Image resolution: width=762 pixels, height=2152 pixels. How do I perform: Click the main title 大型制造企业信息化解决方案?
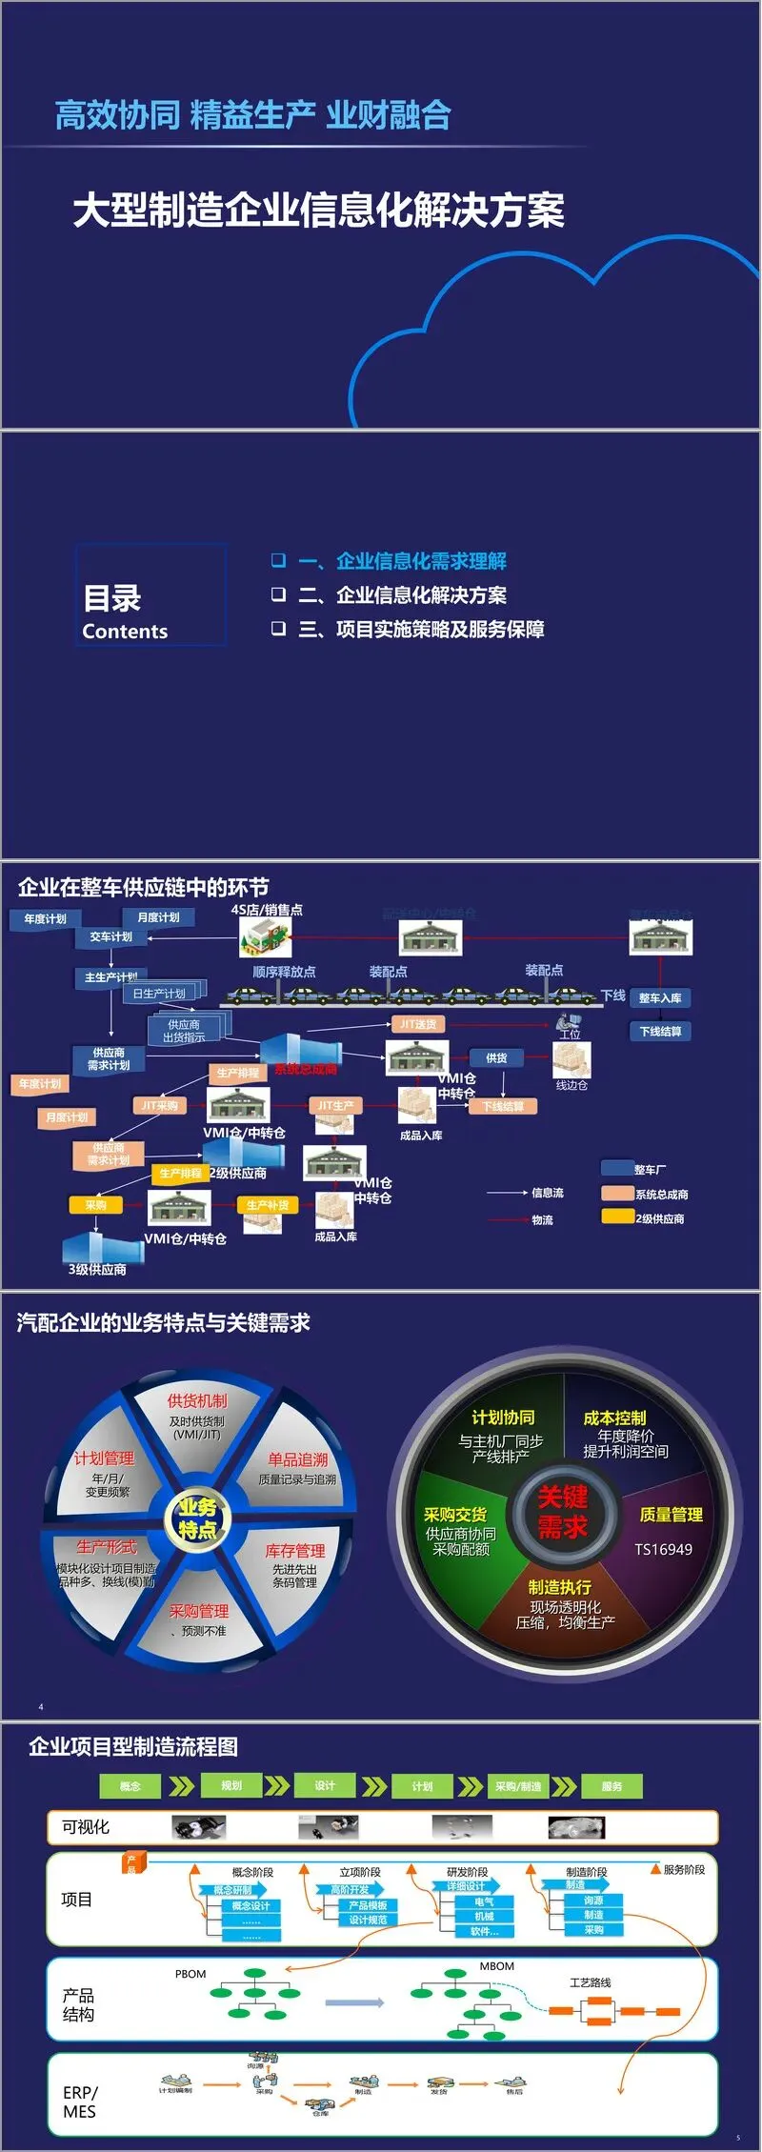(318, 211)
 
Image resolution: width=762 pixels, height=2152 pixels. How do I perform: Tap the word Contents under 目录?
(125, 632)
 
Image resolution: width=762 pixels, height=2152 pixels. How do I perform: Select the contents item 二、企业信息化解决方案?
(402, 595)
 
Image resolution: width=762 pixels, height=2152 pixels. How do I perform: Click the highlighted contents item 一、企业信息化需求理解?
(402, 561)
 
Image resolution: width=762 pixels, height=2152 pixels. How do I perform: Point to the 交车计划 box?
(110, 937)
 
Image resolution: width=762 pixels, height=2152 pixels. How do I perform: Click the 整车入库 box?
(660, 998)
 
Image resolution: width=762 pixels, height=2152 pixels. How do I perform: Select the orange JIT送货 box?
(418, 1024)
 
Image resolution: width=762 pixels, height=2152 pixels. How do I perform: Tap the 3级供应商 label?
(97, 1270)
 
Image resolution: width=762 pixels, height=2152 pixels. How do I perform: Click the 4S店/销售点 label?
(267, 910)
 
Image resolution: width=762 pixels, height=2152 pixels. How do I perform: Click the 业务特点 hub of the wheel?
(197, 1518)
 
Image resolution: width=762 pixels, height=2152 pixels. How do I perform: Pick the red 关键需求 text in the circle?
(562, 1513)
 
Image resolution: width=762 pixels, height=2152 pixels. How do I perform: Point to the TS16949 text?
(663, 1550)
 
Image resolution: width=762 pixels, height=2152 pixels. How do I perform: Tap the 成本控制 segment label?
(614, 1418)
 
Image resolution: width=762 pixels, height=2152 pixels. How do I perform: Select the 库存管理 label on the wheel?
(295, 1551)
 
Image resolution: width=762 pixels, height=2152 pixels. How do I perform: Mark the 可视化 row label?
(86, 1827)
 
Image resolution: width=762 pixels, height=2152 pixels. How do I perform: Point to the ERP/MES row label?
(80, 2102)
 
